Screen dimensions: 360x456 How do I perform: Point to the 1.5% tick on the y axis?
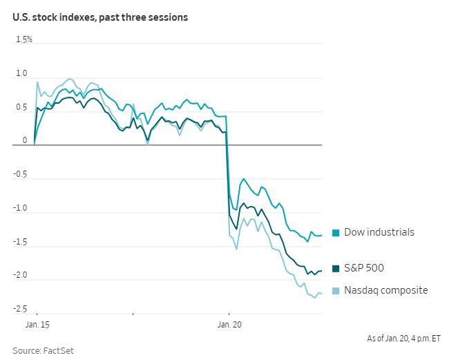click(x=24, y=39)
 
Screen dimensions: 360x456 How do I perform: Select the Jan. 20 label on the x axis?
click(x=229, y=323)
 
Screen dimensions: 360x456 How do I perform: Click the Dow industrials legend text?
click(x=379, y=232)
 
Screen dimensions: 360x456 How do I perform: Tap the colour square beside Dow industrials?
click(x=336, y=233)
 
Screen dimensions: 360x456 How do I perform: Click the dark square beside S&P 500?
click(x=336, y=269)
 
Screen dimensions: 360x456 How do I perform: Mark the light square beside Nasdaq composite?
click(x=336, y=291)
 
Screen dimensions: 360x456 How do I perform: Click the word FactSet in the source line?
click(x=59, y=350)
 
